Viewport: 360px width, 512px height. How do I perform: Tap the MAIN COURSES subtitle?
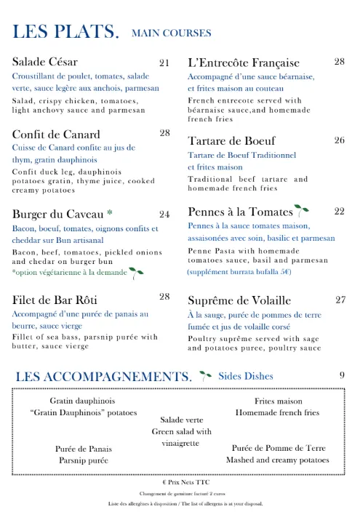click(171, 33)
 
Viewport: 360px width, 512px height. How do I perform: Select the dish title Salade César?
click(45, 61)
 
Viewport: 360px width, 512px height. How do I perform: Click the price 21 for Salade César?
click(164, 62)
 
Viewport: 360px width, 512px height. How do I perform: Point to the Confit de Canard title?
click(56, 134)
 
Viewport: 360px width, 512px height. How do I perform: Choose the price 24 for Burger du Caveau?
click(164, 214)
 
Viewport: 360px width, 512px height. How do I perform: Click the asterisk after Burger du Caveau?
click(109, 213)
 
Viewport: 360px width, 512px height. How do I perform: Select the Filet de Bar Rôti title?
click(55, 300)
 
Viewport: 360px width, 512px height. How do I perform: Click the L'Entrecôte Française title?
click(244, 63)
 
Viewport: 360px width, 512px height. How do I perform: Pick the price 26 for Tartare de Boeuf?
click(340, 140)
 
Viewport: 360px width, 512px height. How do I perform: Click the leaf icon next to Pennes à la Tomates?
click(302, 211)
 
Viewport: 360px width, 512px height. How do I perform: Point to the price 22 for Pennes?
click(340, 211)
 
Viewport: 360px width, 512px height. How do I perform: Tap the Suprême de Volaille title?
click(239, 300)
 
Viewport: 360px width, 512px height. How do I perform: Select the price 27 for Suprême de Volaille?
click(340, 300)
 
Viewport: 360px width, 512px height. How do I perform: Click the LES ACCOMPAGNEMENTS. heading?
click(103, 376)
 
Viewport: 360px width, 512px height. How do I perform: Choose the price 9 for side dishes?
click(341, 375)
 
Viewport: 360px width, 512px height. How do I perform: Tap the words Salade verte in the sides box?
click(182, 420)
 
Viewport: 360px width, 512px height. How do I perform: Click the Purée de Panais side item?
click(84, 449)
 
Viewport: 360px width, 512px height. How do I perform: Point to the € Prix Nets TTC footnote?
click(180, 481)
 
